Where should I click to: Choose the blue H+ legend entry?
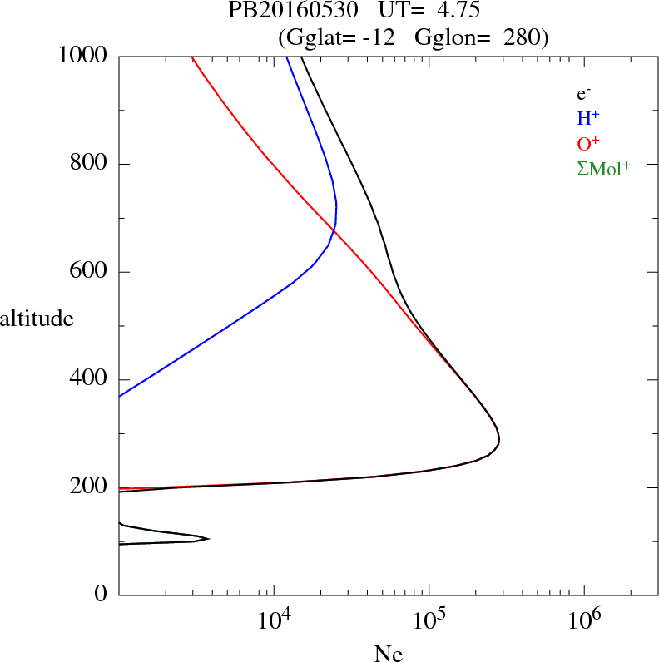(589, 119)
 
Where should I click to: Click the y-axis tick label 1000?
(84, 56)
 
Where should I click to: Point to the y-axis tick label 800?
(90, 164)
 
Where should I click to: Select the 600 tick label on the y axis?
(90, 272)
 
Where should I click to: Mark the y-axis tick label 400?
(90, 379)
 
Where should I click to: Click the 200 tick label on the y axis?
(90, 487)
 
